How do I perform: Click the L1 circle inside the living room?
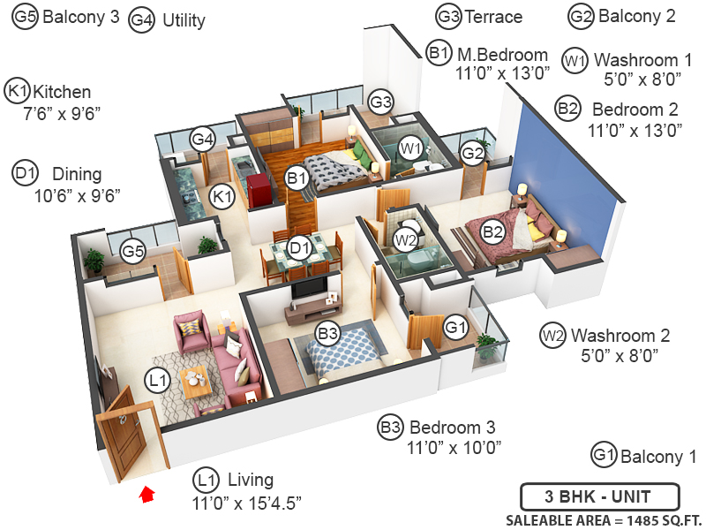pyautogui.click(x=157, y=381)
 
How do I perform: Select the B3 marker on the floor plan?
pyautogui.click(x=328, y=334)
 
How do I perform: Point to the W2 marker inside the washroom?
pyautogui.click(x=405, y=239)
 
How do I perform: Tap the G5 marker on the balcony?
pyautogui.click(x=132, y=252)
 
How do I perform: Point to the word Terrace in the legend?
pyautogui.click(x=494, y=17)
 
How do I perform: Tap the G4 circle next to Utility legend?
pyautogui.click(x=141, y=19)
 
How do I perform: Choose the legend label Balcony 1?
pyautogui.click(x=658, y=457)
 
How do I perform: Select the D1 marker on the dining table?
pyautogui.click(x=301, y=247)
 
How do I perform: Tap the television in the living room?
pyautogui.click(x=306, y=288)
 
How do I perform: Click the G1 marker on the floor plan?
pyautogui.click(x=455, y=328)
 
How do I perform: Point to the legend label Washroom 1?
pyautogui.click(x=642, y=61)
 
